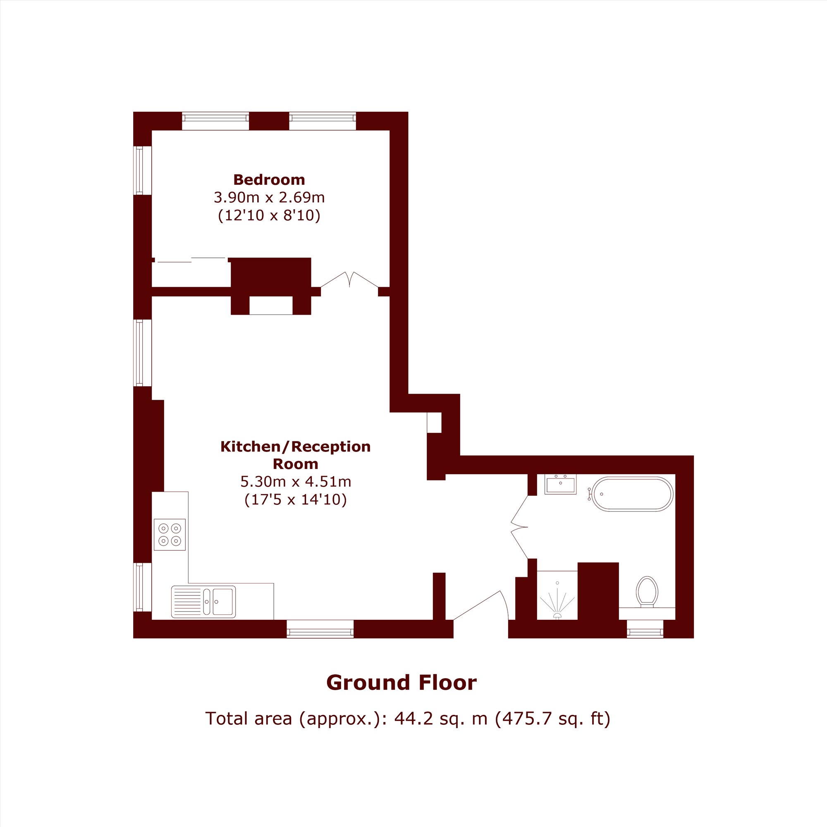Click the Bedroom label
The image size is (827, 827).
click(x=269, y=179)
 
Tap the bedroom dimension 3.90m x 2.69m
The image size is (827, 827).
click(x=269, y=197)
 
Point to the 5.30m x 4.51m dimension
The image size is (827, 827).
click(x=296, y=482)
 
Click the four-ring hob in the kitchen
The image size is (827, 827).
click(x=170, y=535)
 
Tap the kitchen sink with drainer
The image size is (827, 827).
click(x=203, y=602)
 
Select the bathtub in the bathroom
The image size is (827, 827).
click(x=631, y=494)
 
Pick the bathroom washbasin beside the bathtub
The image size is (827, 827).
click(x=560, y=484)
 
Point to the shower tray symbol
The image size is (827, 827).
click(x=557, y=595)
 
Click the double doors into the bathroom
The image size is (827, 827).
click(x=519, y=527)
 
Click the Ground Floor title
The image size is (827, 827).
click(x=402, y=683)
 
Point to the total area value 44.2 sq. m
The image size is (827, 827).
click(x=441, y=718)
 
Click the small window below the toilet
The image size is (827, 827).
click(x=645, y=629)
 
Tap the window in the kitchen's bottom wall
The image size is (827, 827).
click(x=320, y=629)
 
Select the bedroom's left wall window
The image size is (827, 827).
click(x=143, y=170)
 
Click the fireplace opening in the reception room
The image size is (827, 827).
click(x=271, y=306)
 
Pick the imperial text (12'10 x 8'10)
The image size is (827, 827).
click(x=269, y=215)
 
